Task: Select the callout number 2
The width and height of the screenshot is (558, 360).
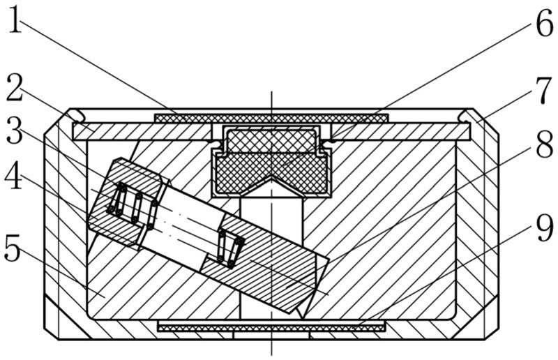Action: coord(15,88)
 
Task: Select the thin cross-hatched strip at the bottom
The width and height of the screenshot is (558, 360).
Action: coord(271,326)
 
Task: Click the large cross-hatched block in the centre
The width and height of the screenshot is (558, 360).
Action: coord(270,159)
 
